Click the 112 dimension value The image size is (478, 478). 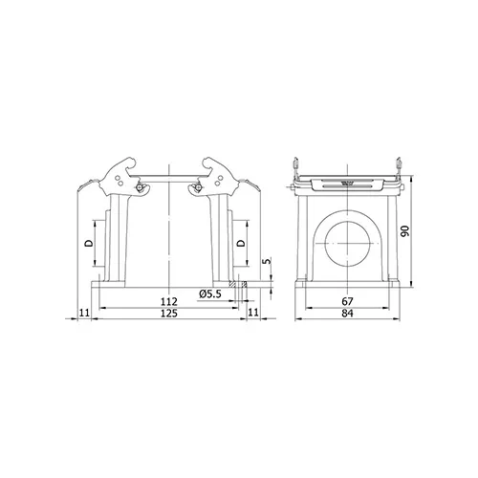[168, 301]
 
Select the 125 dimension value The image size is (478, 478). [168, 314]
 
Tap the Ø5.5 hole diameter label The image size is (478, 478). [210, 293]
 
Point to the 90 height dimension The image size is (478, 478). [405, 230]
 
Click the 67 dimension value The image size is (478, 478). [347, 301]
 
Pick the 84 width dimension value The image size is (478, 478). [347, 314]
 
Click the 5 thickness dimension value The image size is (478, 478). [268, 261]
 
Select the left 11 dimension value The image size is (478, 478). [84, 313]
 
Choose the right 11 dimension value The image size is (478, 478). [253, 313]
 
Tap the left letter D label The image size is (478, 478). [89, 244]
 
